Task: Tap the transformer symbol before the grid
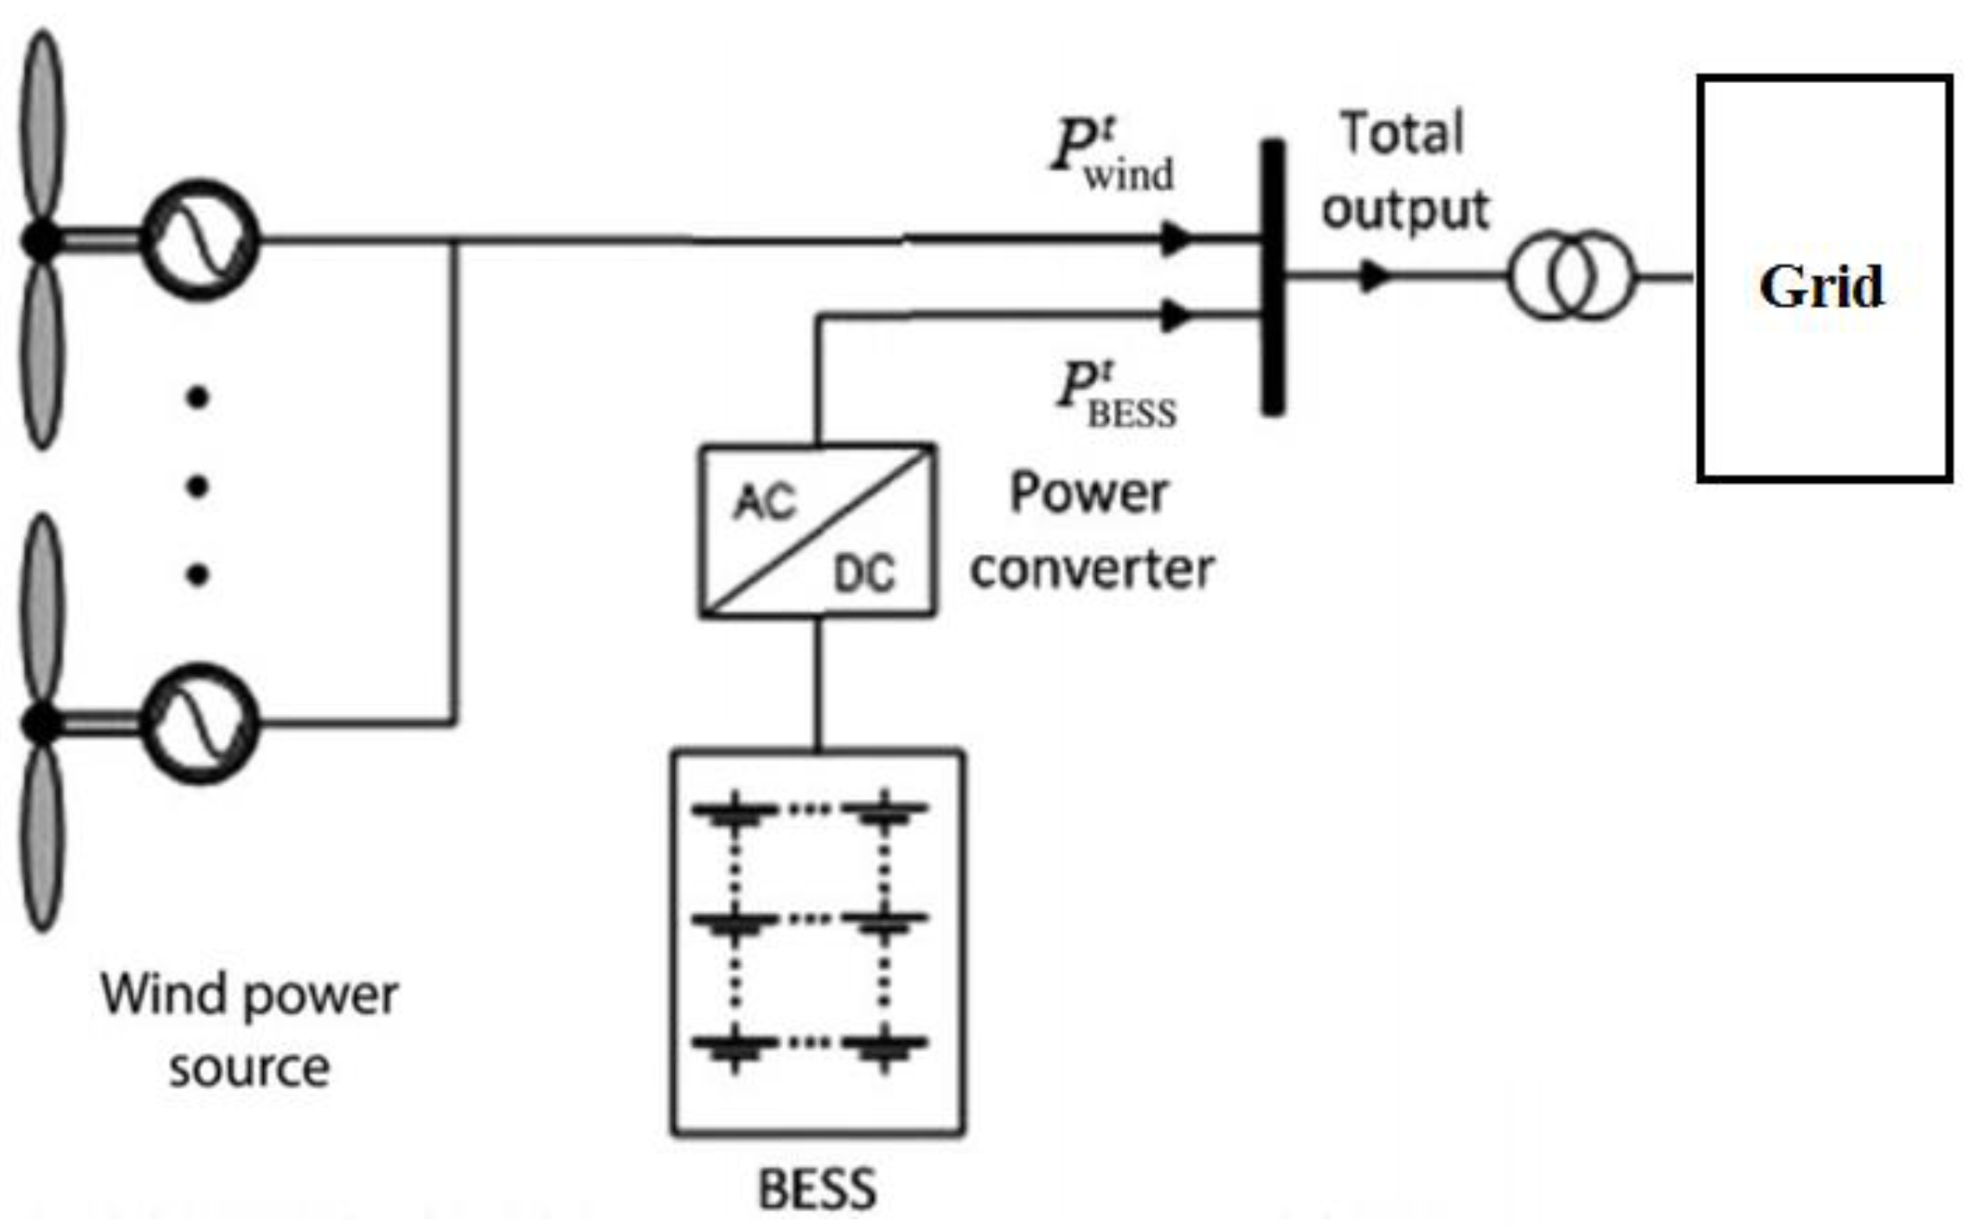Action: click(x=1571, y=276)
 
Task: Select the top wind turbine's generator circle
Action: click(x=200, y=240)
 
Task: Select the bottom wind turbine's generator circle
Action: click(x=200, y=723)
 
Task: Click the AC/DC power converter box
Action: click(x=817, y=530)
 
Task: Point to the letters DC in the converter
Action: click(x=863, y=574)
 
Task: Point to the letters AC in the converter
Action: click(x=763, y=502)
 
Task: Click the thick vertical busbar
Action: click(x=1272, y=277)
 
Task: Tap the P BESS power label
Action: click(x=1117, y=395)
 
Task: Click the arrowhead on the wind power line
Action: click(x=1176, y=238)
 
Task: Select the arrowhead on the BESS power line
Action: click(x=1176, y=316)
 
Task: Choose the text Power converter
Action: click(x=1091, y=530)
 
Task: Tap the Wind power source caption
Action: click(x=249, y=1030)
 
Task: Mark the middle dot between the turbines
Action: click(x=198, y=486)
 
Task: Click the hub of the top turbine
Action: click(x=41, y=240)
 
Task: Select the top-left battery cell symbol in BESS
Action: click(x=735, y=811)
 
